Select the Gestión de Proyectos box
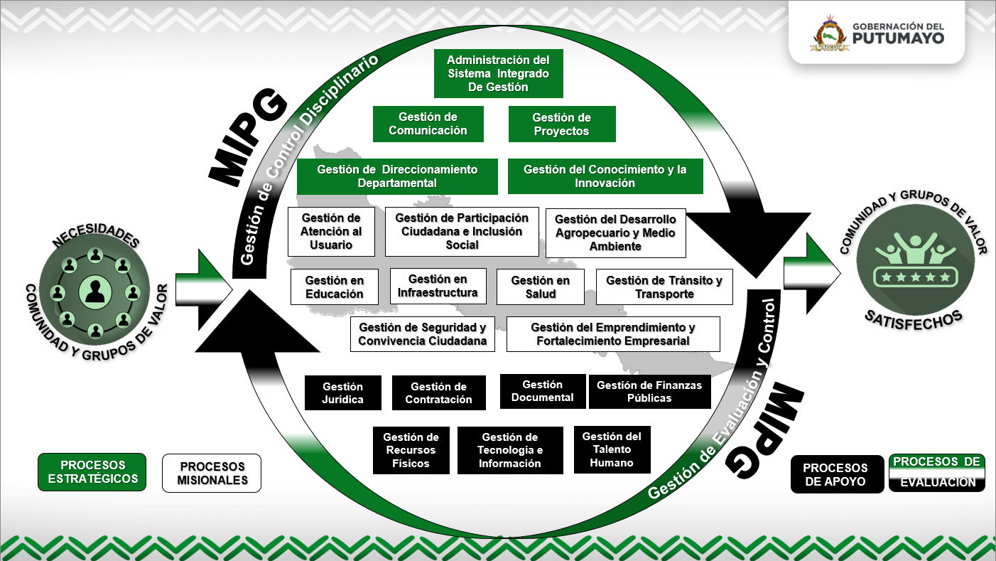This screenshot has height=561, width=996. [x=561, y=124]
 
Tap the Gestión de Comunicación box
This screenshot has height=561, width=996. [x=428, y=124]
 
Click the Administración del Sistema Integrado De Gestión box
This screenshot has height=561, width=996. [x=498, y=73]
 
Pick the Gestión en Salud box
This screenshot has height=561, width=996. [x=540, y=287]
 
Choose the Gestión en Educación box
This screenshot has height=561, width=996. [x=334, y=287]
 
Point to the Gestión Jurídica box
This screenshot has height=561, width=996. [x=342, y=393]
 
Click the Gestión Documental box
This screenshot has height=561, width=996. [x=543, y=391]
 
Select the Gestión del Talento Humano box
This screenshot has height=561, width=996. [x=612, y=449]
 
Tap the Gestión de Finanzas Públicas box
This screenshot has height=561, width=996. [x=649, y=392]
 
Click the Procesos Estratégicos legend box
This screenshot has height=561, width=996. [x=92, y=472]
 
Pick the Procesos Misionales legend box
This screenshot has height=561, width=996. [x=212, y=474]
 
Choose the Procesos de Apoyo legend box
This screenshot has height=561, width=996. [x=836, y=474]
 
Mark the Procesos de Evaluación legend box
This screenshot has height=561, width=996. [x=937, y=473]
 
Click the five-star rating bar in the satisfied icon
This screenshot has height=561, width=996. [x=913, y=276]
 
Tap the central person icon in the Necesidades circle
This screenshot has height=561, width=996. [x=94, y=292]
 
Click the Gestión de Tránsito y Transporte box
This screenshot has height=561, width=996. [x=664, y=287]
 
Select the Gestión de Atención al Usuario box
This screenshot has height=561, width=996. [x=330, y=232]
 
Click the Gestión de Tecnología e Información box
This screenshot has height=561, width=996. [x=510, y=450]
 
